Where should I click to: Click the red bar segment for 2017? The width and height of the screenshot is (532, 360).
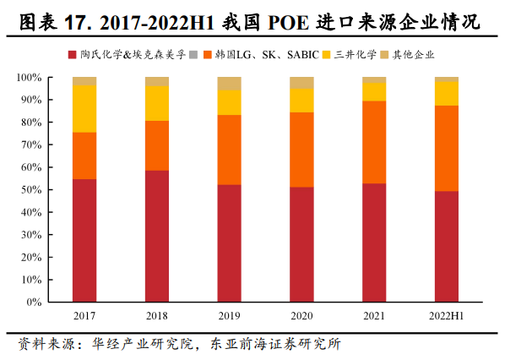coord(84,240)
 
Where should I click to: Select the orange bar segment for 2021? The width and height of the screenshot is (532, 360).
coord(374,142)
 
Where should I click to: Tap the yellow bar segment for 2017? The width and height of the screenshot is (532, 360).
coord(84,108)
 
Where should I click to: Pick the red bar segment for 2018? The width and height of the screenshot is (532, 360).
coord(157,236)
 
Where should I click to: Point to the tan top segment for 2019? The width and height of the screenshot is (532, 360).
coord(230,83)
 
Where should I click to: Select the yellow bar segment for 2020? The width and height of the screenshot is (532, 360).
coord(301,101)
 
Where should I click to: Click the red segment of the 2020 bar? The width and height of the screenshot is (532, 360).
coord(301,244)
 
